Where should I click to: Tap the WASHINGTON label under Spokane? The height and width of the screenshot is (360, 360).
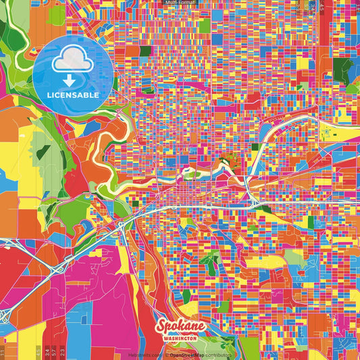coord(180,336)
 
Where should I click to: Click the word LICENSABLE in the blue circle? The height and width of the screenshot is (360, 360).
coord(72,95)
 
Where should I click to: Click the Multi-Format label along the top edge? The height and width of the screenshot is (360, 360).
coord(180,3)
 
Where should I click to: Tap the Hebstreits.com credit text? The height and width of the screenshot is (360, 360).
coord(145,354)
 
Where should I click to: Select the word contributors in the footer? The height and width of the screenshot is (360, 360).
coord(217,354)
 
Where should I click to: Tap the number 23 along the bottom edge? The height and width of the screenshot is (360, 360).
coord(63,351)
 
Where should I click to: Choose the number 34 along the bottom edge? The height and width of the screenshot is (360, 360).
coord(46,351)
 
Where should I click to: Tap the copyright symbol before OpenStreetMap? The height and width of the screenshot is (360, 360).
coord(166,354)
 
